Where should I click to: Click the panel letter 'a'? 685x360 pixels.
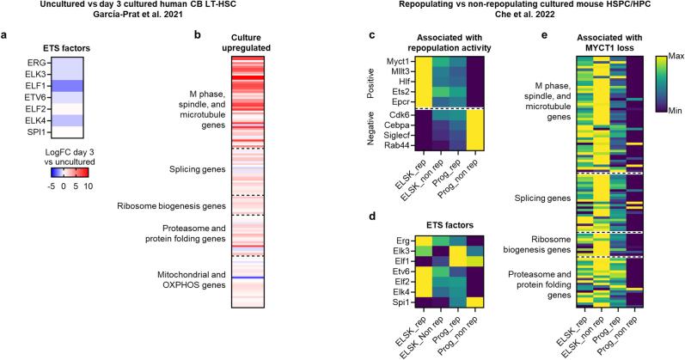6,36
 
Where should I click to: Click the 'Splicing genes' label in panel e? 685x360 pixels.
535,198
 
